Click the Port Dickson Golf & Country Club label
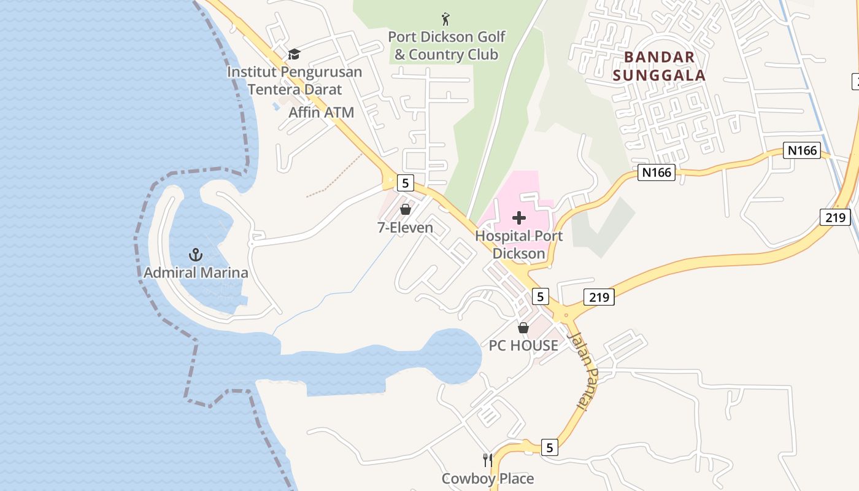pos(446,45)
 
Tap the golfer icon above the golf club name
pos(445,19)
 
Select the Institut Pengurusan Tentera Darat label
pos(295,80)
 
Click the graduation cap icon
pos(295,55)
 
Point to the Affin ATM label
pos(322,112)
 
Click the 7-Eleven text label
pos(405,228)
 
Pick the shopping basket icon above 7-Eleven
pos(405,209)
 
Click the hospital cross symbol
pos(519,218)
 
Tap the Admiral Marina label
pos(196,273)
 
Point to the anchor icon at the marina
pos(195,254)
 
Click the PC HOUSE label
pos(523,346)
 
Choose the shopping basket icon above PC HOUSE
pos(523,328)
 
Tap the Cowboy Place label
pos(488,479)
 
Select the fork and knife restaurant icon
pos(488,460)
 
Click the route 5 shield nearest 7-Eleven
pos(405,182)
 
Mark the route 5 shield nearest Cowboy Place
pos(549,448)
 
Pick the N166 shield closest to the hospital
pos(657,172)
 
